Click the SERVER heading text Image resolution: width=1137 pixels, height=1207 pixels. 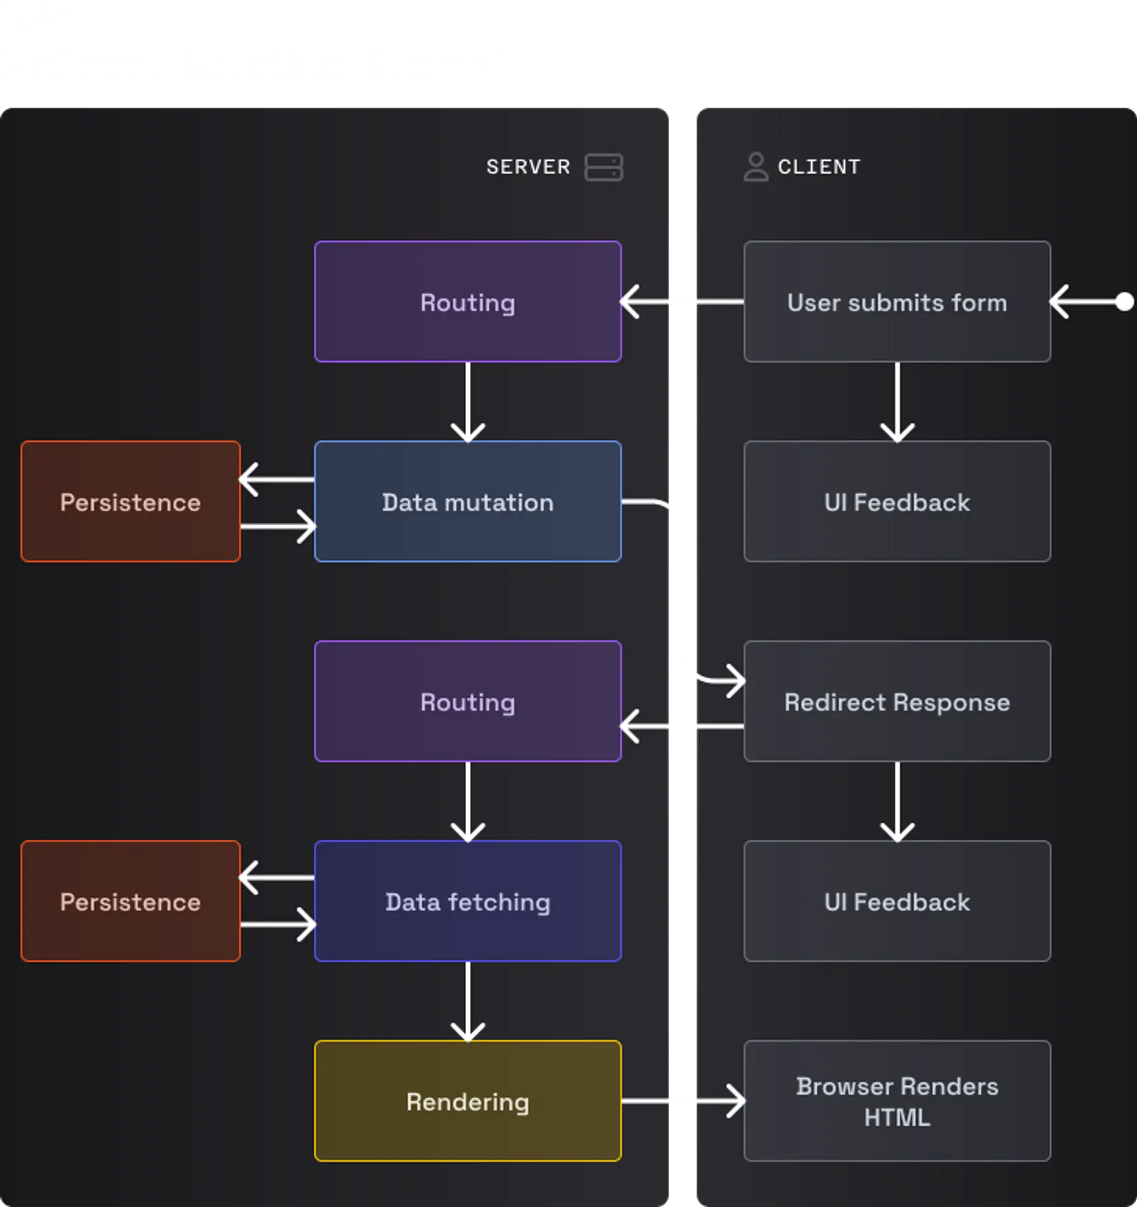tap(528, 167)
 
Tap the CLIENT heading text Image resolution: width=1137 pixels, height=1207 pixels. tap(819, 167)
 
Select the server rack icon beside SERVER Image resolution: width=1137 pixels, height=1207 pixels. tap(603, 167)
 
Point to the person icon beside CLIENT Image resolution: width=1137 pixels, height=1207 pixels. tap(756, 167)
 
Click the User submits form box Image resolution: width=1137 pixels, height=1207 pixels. tap(897, 302)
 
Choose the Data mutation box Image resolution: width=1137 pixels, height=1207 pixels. tap(468, 502)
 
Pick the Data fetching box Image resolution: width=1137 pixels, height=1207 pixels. tap(468, 901)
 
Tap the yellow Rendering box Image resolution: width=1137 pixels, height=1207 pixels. tap(468, 1101)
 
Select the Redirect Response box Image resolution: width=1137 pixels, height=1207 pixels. tap(897, 701)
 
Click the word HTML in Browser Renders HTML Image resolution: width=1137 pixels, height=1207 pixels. tap(897, 1117)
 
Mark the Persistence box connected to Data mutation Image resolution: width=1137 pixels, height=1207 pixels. tap(131, 502)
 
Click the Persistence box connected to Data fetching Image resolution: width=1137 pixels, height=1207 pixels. tap(131, 901)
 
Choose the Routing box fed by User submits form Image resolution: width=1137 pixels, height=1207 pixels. tap(468, 302)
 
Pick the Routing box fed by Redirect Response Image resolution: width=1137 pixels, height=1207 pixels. tap(468, 701)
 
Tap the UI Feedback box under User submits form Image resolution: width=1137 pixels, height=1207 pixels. tap(897, 502)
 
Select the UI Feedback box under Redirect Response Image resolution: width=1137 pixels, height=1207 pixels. tap(897, 901)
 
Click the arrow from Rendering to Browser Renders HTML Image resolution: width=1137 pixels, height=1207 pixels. tap(683, 1101)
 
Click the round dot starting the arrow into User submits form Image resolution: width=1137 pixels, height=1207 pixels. tap(1124, 302)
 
